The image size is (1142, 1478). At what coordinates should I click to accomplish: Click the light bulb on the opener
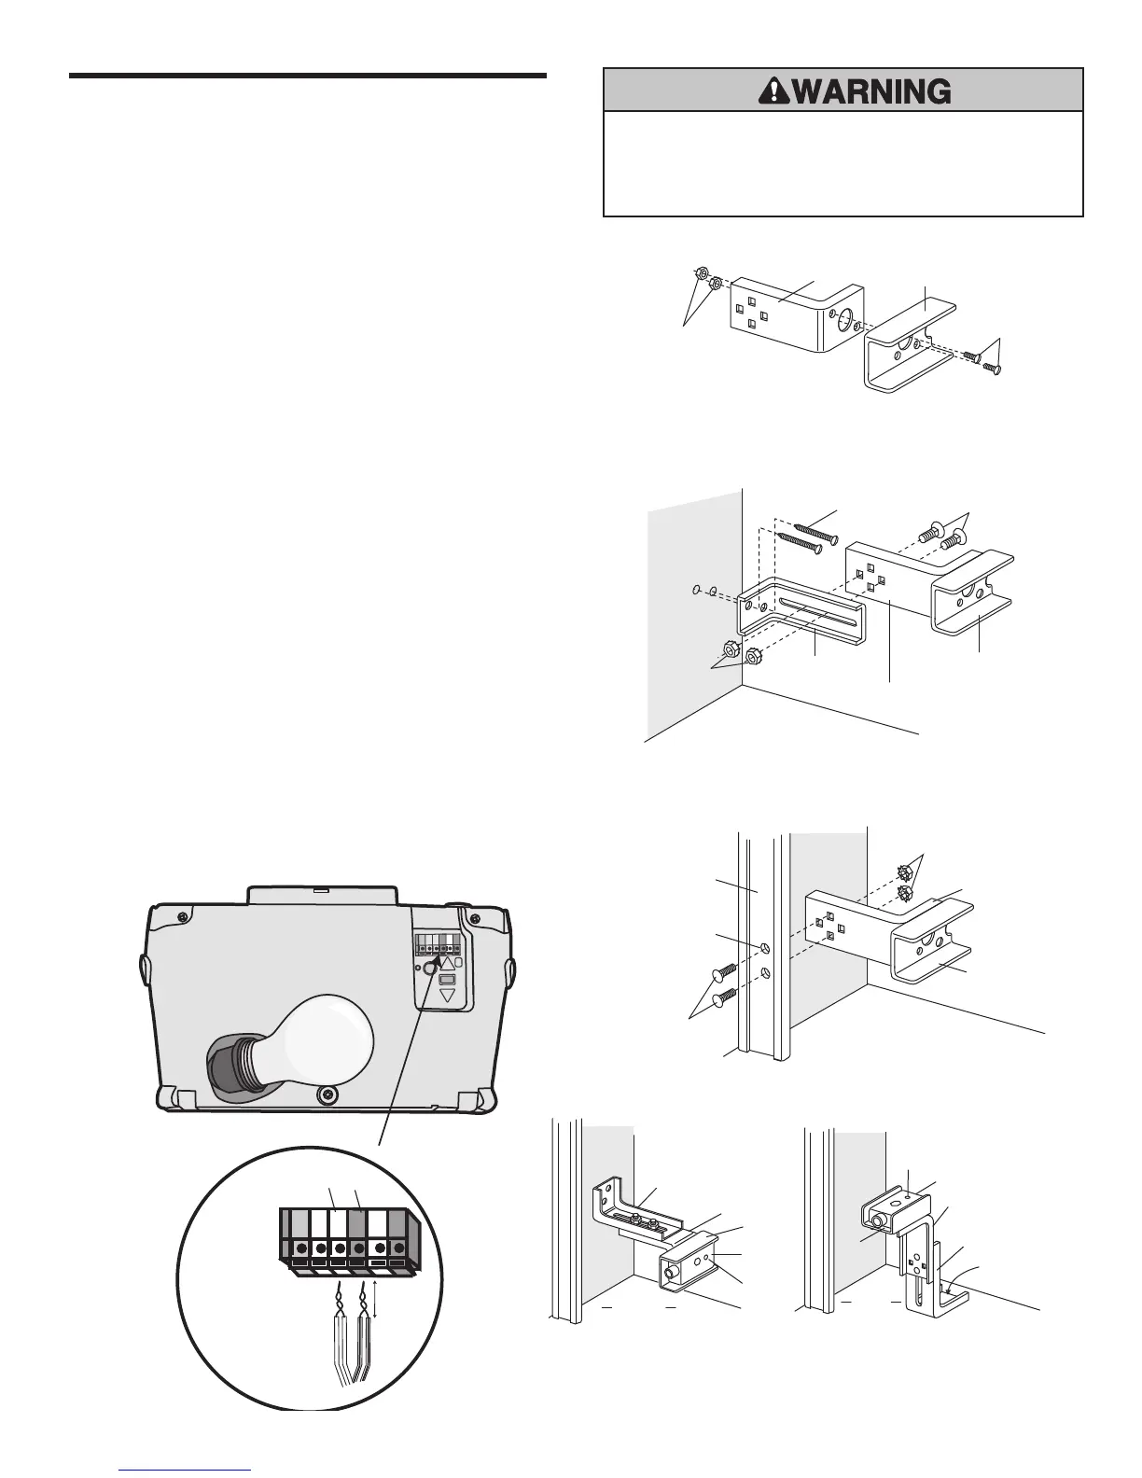pyautogui.click(x=322, y=1037)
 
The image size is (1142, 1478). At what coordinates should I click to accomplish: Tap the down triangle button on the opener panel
pyautogui.click(x=448, y=996)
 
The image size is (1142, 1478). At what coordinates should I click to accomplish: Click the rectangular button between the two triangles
pyautogui.click(x=447, y=981)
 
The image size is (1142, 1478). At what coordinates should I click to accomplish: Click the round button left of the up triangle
pyautogui.click(x=430, y=969)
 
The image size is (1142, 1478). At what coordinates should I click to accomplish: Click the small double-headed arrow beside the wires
pyautogui.click(x=375, y=1299)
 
